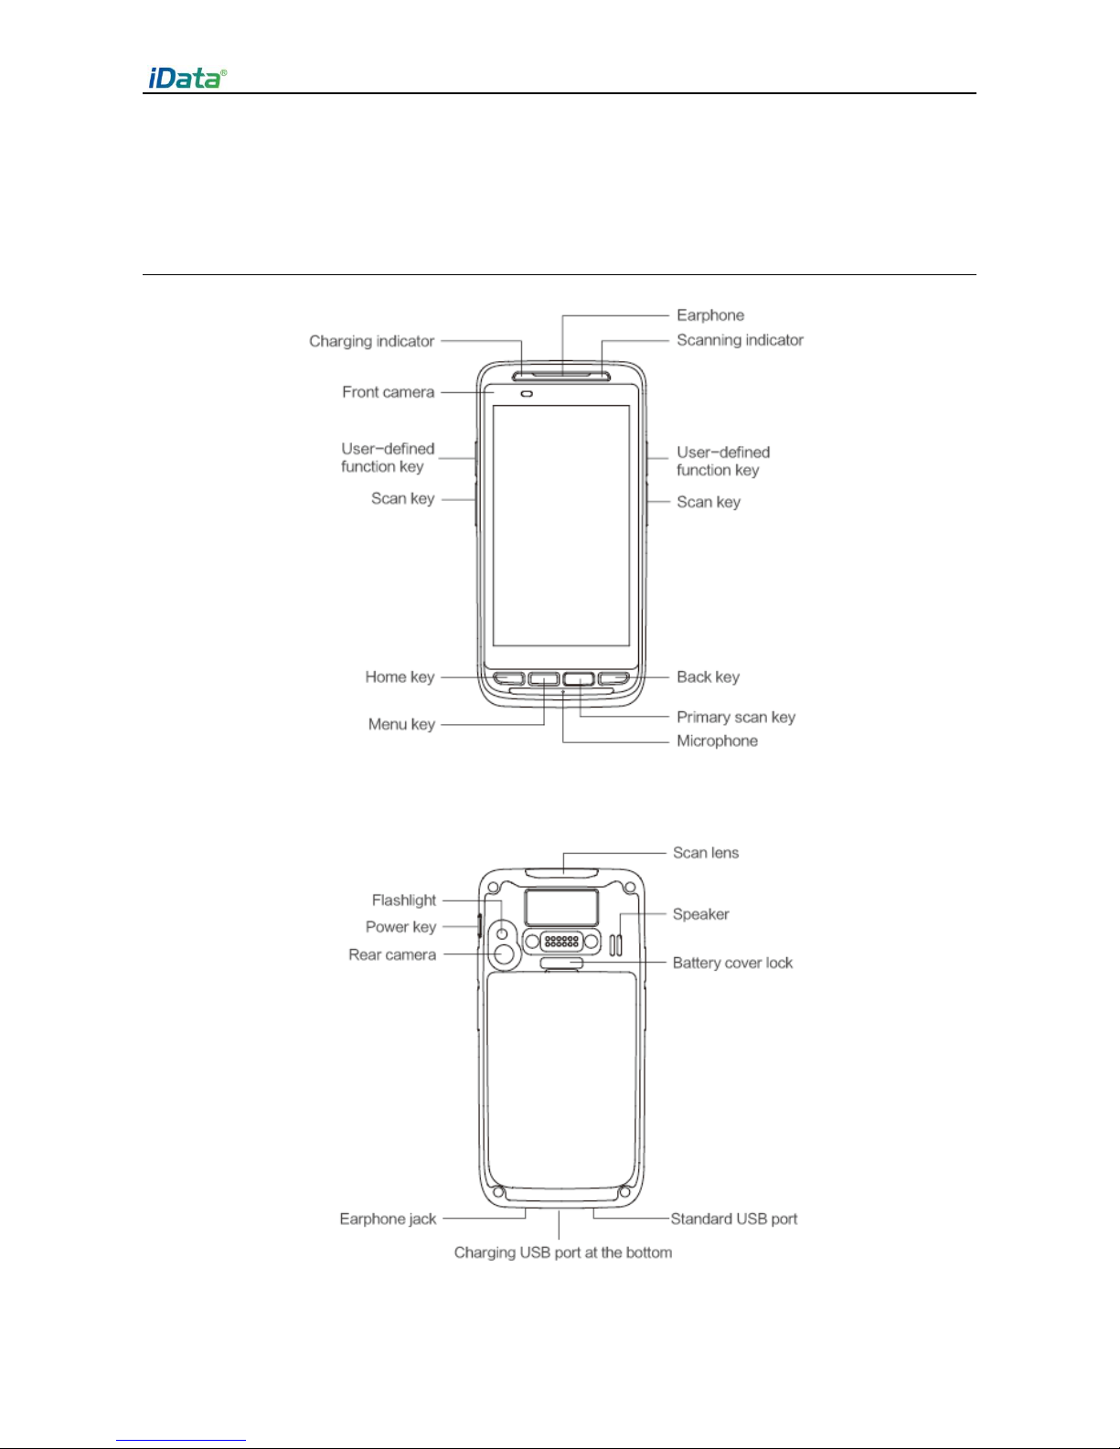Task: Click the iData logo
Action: coord(187,78)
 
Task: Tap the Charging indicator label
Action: coord(371,341)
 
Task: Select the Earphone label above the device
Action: coord(710,315)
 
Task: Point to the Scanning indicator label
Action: coord(740,340)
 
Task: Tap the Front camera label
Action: coord(388,392)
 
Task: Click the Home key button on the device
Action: coord(510,679)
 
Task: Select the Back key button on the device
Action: coord(614,679)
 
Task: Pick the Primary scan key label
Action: coord(736,717)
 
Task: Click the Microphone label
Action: coord(717,740)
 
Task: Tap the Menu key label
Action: coord(401,724)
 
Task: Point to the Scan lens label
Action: coord(706,853)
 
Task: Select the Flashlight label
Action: coord(404,900)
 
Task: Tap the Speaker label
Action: coord(700,914)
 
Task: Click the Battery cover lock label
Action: coord(732,963)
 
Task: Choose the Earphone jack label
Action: coord(388,1219)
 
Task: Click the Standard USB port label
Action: coord(734,1219)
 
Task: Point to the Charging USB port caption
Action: coord(563,1252)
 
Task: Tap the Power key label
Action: coord(400,927)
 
